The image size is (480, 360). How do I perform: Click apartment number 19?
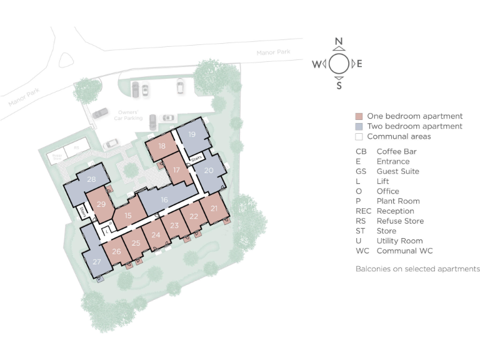coord(192,134)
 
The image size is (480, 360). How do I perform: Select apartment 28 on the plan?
coord(92,180)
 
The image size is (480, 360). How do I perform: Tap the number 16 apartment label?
coord(164,200)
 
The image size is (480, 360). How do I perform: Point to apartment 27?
coord(97,261)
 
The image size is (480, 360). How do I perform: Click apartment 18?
coord(162,146)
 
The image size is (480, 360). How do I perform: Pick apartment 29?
coord(101,203)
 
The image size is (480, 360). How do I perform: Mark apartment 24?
coord(156,235)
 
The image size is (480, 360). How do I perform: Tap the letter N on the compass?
coord(339,42)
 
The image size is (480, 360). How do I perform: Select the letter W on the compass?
coord(317,64)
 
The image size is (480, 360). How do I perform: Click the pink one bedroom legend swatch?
coord(359,116)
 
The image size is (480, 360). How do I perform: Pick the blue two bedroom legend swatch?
coord(359,126)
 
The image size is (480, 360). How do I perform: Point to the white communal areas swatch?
coord(359,136)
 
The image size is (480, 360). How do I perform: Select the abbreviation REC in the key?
coord(363,211)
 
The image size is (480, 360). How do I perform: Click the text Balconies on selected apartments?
coord(417,269)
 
